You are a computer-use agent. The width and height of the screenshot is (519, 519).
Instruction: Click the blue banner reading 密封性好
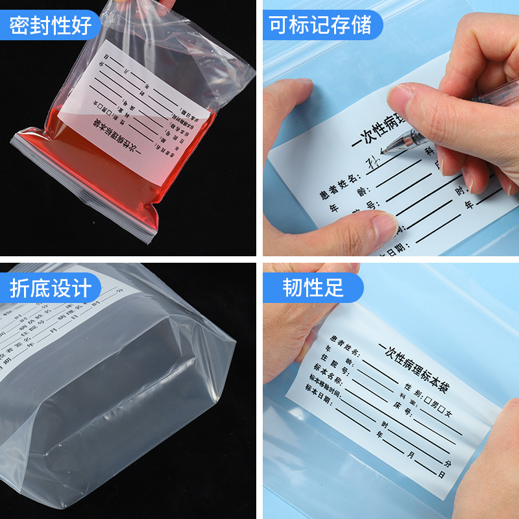coord(50,26)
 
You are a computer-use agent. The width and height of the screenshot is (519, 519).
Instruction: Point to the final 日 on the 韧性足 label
coord(442,475)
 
